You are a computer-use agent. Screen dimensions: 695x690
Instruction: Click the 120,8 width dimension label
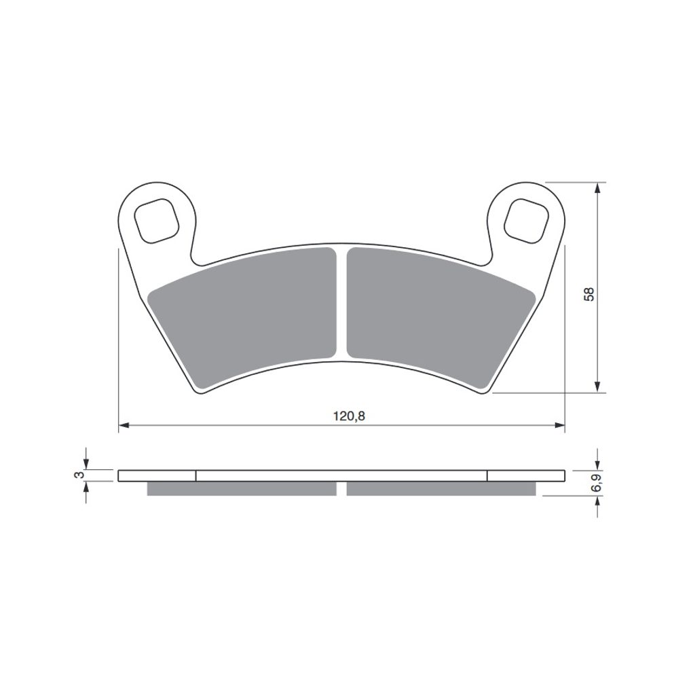[x=349, y=416]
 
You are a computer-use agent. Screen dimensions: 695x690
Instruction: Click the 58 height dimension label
[x=588, y=295]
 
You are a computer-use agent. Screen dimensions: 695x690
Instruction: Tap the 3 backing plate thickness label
[x=79, y=475]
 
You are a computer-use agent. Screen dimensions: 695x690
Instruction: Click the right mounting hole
[x=526, y=221]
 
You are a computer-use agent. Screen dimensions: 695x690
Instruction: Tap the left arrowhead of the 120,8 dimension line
[x=124, y=425]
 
